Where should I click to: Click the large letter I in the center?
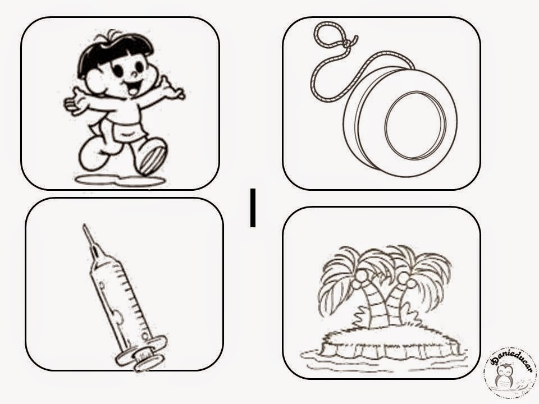point(253,208)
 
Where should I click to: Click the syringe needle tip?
point(84,226)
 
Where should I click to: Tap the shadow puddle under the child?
point(120,180)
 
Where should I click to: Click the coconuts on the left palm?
point(359,279)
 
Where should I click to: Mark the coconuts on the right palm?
point(405,278)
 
